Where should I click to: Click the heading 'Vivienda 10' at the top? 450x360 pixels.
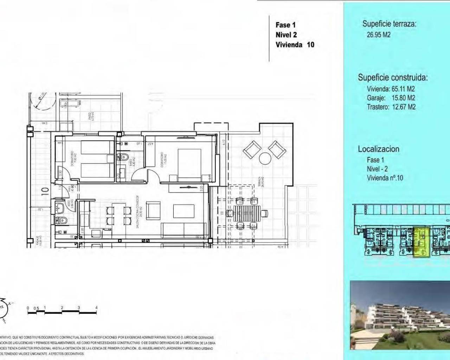point(295,45)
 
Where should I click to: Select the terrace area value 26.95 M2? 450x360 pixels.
point(378,35)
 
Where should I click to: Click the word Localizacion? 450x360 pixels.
point(379,149)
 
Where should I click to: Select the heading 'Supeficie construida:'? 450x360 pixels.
point(393,78)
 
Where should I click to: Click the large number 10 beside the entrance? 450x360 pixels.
point(44,191)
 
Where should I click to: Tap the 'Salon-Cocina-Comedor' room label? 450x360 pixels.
point(138,212)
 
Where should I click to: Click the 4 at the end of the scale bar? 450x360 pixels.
point(96,308)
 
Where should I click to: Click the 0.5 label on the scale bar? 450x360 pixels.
point(36,308)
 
